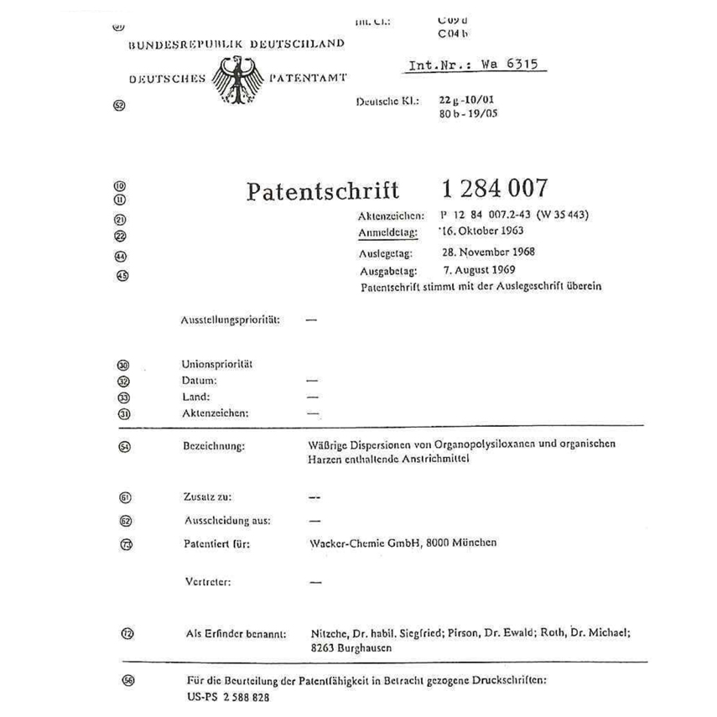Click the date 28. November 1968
pyautogui.click(x=489, y=252)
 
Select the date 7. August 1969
pyautogui.click(x=481, y=270)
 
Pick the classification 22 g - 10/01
pyautogui.click(x=468, y=99)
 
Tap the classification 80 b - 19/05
pyautogui.click(x=468, y=113)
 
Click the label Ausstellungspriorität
pyautogui.click(x=231, y=320)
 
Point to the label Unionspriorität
pyautogui.click(x=218, y=365)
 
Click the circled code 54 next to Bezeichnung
pyautogui.click(x=125, y=447)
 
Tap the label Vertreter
pyautogui.click(x=207, y=581)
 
